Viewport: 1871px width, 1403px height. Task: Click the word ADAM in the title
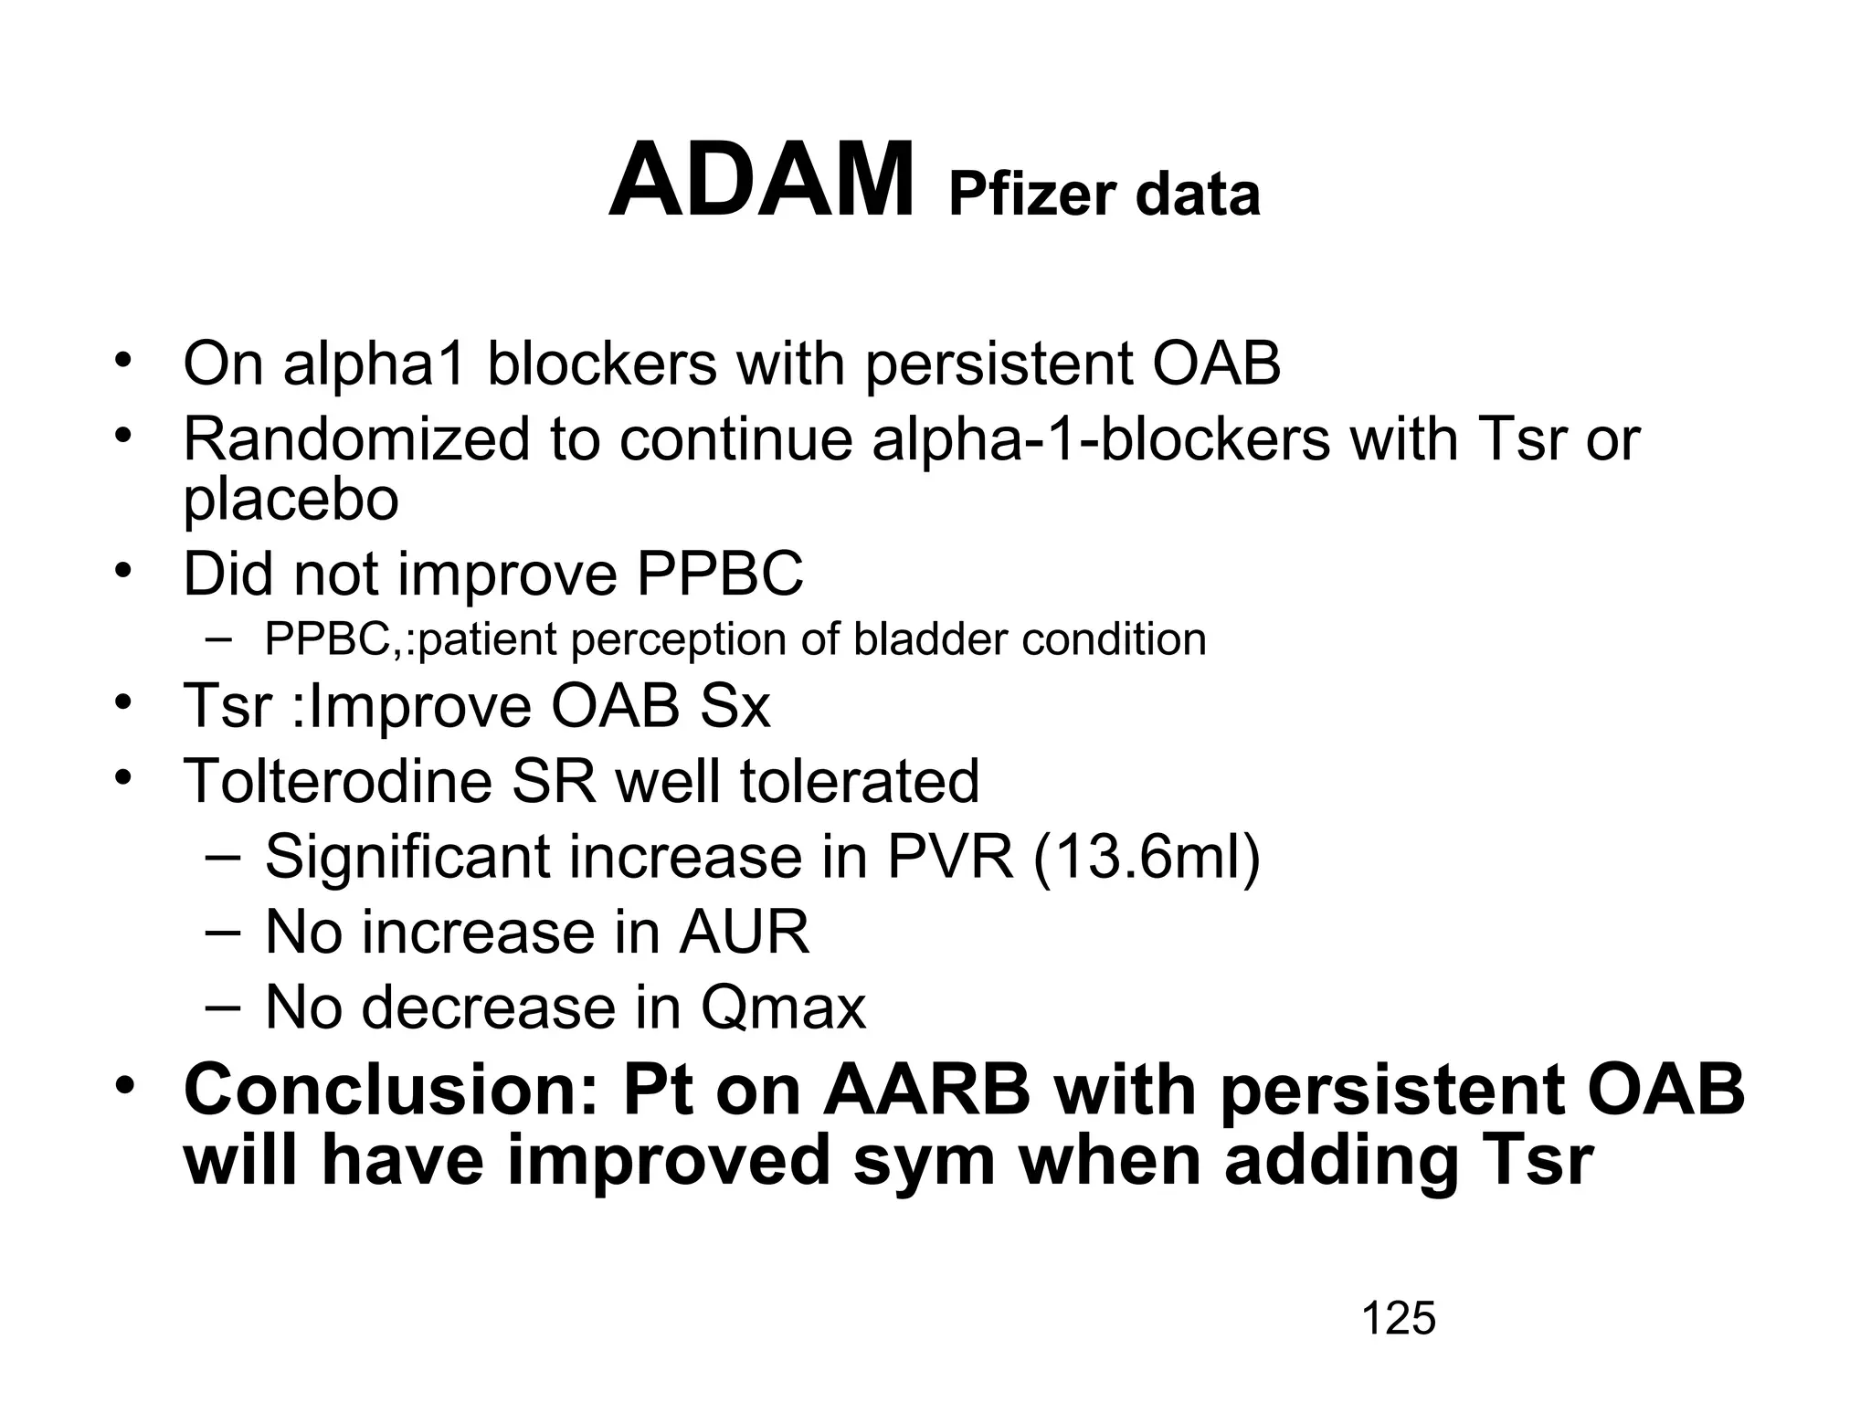[760, 181]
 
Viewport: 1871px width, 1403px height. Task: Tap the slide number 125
[1398, 1319]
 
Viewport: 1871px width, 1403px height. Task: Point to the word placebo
[291, 501]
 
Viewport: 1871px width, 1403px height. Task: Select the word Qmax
[783, 1008]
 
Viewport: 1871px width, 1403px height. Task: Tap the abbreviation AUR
[744, 933]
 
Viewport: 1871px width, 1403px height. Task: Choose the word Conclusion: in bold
[390, 1091]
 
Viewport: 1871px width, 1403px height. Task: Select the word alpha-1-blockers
[1101, 439]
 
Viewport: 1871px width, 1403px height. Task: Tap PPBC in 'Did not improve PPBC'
[720, 575]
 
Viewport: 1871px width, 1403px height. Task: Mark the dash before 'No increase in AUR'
[222, 932]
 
